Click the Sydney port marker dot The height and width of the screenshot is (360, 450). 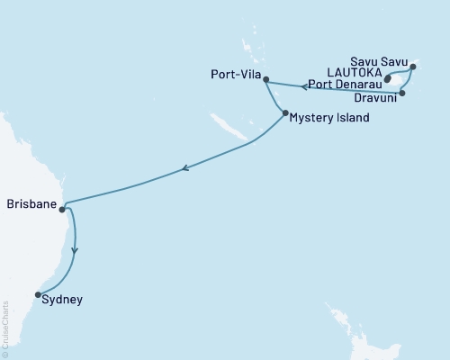(37, 294)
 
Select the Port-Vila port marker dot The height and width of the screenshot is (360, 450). (265, 79)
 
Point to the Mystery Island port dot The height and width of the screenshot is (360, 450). (285, 113)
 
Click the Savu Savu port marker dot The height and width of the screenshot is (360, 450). (413, 67)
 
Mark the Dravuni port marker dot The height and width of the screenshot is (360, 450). (403, 93)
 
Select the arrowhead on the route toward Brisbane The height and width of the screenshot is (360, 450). (184, 167)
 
